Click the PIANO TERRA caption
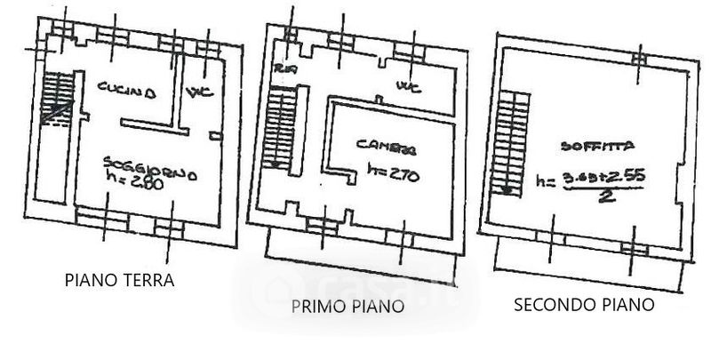[119, 281]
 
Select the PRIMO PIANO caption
[348, 307]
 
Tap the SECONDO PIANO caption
[585, 305]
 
